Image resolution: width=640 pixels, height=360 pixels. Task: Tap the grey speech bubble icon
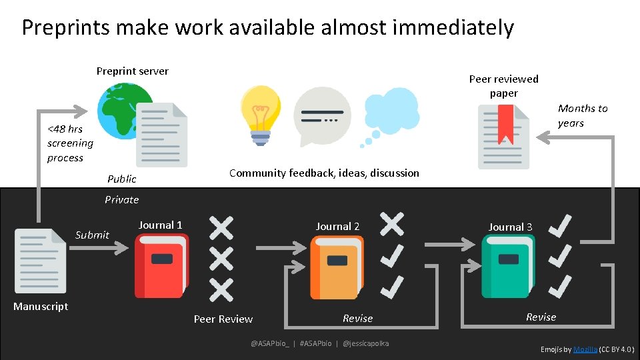tap(322, 116)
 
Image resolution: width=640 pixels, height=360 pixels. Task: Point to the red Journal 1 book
tap(161, 267)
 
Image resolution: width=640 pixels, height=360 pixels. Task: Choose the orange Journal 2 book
tap(335, 267)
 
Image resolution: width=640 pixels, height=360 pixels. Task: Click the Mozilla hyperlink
tap(585, 349)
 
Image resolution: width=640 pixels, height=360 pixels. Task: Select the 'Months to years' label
tap(582, 115)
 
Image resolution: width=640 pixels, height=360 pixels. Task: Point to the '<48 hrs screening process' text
tap(69, 143)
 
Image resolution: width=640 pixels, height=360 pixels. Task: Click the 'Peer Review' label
tap(223, 319)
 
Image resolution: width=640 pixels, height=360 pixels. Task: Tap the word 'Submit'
tap(92, 235)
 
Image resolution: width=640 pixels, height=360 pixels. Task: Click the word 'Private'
tap(121, 199)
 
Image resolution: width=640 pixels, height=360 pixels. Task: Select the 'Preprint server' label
tap(132, 71)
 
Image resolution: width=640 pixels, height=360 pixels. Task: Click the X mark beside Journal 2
tap(391, 223)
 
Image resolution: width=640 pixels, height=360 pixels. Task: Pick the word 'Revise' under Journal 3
tap(541, 317)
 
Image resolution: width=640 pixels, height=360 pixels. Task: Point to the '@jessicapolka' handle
tap(365, 343)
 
